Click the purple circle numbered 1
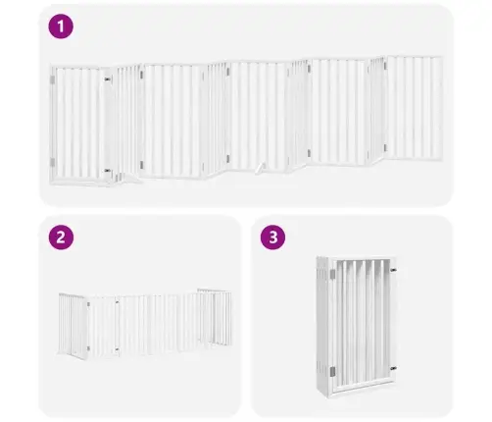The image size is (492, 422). [x=61, y=26]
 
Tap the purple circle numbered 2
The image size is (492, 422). [x=61, y=237]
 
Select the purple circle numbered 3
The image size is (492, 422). [x=272, y=237]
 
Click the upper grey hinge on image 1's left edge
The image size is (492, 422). [x=52, y=79]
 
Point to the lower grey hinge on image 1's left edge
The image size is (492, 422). [x=52, y=162]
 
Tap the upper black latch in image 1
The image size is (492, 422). [x=108, y=79]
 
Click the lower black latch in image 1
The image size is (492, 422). [x=108, y=171]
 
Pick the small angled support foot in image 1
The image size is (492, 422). [x=260, y=168]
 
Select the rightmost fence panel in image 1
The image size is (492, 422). [x=415, y=108]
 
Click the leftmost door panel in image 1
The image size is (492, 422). [x=77, y=124]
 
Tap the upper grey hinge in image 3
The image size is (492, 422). [x=332, y=274]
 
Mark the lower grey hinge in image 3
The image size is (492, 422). [x=332, y=371]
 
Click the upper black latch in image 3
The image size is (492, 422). [x=393, y=270]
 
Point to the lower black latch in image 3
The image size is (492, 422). [x=393, y=369]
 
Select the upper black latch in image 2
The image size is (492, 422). [x=117, y=302]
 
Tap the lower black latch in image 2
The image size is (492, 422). [x=117, y=349]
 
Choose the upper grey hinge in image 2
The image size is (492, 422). [x=88, y=304]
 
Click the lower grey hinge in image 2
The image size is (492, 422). [x=88, y=348]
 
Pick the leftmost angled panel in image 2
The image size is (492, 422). [x=73, y=326]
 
